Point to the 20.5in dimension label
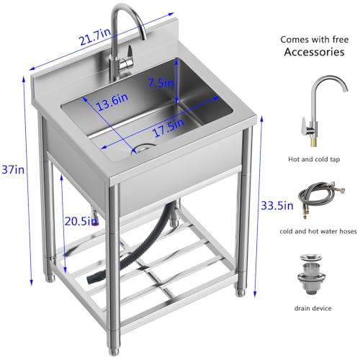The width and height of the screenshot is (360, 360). (x=81, y=221)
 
